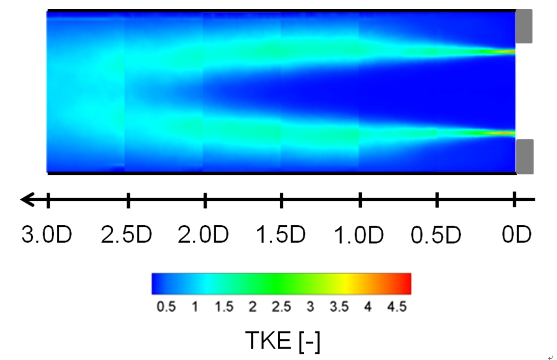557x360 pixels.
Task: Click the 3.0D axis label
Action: click(47, 235)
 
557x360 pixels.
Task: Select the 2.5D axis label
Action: click(127, 235)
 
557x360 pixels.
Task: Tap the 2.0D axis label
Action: click(203, 235)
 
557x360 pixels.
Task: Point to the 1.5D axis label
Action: click(281, 235)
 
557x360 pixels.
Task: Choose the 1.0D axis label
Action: click(359, 235)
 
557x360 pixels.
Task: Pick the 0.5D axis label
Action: click(436, 235)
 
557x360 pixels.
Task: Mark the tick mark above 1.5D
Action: click(281, 200)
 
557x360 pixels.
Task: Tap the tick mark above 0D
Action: click(514, 200)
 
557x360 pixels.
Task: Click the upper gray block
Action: click(523, 27)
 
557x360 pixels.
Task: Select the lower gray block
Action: click(524, 156)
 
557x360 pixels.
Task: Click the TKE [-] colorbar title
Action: click(282, 341)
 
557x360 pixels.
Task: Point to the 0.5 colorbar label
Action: click(166, 307)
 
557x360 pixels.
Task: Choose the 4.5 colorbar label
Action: click(397, 307)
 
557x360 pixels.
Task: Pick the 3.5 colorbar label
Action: click(339, 307)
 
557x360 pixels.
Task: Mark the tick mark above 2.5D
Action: click(128, 200)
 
